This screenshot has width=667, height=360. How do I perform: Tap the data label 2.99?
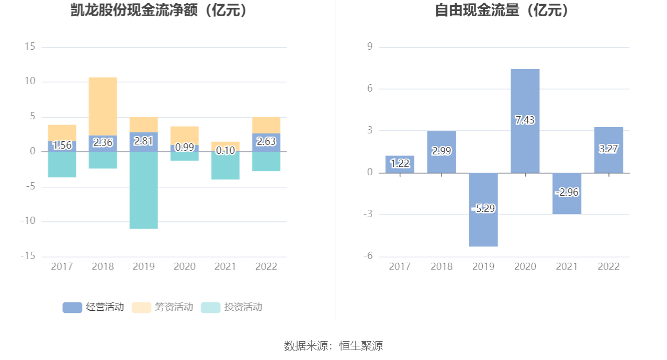pos(442,151)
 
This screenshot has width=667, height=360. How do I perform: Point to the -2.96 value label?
pos(567,193)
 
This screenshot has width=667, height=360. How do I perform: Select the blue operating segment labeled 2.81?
pos(144,141)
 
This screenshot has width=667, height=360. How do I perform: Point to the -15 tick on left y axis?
pos(28,256)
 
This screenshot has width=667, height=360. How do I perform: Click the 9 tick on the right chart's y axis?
pos(369,47)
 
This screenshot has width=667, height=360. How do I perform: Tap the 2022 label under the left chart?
pos(266,267)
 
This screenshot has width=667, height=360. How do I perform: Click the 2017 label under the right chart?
pos(400,267)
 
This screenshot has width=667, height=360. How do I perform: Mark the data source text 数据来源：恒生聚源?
pos(333,346)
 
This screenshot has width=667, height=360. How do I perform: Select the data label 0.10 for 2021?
pos(225,151)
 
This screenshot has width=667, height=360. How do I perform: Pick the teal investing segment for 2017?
pos(62,165)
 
